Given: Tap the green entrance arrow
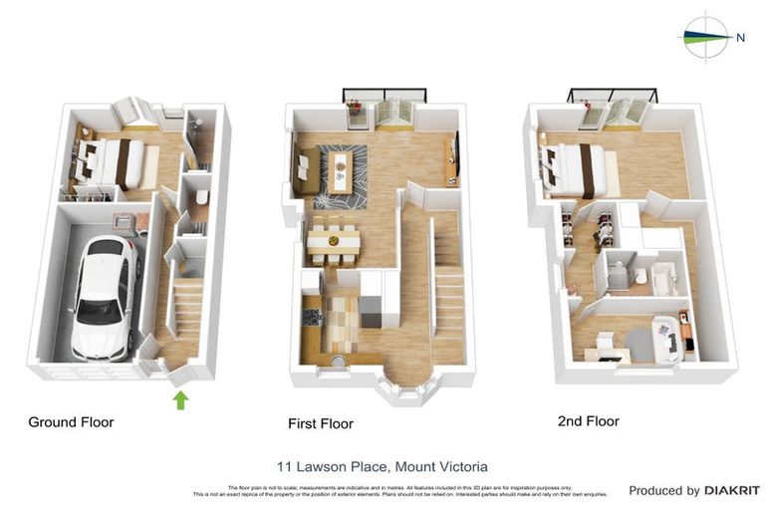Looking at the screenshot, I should tap(180, 400).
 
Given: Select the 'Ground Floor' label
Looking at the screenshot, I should tap(71, 422).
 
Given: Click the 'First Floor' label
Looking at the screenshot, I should tap(321, 423).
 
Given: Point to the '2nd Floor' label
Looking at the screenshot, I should tap(588, 421).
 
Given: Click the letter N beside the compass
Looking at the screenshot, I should tap(740, 38).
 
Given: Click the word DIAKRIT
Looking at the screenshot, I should tap(732, 490).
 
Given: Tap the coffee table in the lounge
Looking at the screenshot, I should tap(342, 170).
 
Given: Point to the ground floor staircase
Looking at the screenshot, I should tap(186, 309).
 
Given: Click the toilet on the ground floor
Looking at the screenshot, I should tap(201, 197).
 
